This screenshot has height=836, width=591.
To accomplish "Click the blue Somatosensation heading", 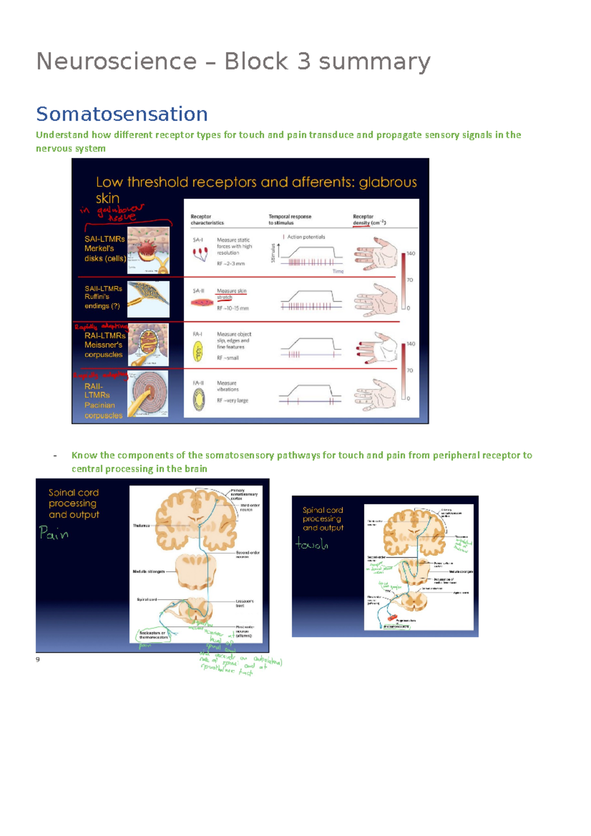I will tap(122, 114).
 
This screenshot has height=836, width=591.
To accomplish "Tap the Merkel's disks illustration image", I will tap(148, 250).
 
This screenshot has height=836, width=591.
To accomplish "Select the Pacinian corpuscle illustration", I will tap(148, 394).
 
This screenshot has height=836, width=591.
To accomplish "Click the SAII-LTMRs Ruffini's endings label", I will tap(103, 297).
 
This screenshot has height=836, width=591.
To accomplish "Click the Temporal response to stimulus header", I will tap(290, 220).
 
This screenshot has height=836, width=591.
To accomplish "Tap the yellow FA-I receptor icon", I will tap(198, 352).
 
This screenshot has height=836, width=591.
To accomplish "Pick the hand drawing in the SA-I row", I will tap(376, 254).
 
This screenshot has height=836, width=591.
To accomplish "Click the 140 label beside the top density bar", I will tap(411, 254).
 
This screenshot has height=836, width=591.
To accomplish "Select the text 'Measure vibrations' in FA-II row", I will tap(228, 386).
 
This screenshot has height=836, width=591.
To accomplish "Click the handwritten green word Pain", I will tap(54, 533).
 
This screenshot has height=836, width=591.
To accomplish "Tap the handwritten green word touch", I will tap(312, 544).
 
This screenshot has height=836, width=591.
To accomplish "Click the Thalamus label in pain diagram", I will tap(141, 526).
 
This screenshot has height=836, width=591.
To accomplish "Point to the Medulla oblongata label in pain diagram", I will tap(148, 572).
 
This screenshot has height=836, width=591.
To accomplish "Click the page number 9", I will tap(38, 659).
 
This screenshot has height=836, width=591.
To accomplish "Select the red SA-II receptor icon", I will tap(201, 302).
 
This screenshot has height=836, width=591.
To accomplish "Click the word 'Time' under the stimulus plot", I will tap(338, 271).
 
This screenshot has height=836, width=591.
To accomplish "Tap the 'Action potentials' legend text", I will tap(306, 237).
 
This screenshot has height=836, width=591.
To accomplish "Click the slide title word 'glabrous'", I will tap(388, 183).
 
